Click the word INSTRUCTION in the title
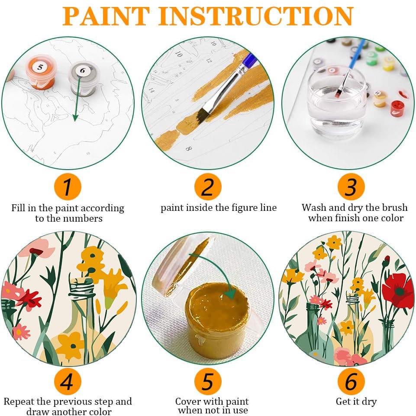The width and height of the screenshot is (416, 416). click(258, 16)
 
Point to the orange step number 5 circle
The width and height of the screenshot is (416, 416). click(208, 382)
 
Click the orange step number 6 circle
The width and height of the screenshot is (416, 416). click(350, 382)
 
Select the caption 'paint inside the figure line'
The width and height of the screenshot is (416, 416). click(219, 208)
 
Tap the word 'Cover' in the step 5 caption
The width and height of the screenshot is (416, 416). click(189, 401)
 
